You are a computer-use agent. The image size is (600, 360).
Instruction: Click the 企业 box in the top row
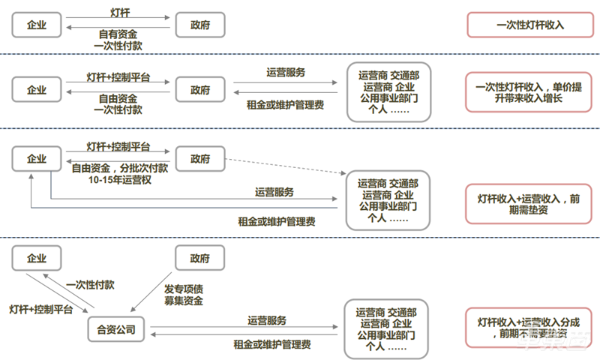tap(37, 25)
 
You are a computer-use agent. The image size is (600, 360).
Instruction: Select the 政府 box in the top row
tap(199, 25)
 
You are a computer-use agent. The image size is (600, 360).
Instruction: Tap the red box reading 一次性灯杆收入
tap(529, 25)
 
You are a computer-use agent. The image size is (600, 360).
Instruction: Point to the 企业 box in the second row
tap(37, 90)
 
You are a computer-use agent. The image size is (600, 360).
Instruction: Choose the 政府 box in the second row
tap(199, 90)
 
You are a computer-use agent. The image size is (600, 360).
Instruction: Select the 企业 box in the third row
tap(37, 158)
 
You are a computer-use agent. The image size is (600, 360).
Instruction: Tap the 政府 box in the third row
tap(199, 158)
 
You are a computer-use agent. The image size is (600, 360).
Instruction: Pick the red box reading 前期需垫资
tap(529, 203)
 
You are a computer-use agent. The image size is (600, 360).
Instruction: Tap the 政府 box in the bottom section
tap(199, 258)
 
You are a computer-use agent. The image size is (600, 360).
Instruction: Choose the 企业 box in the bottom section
tap(37, 258)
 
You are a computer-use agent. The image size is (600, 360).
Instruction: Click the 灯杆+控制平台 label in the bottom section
tap(40, 308)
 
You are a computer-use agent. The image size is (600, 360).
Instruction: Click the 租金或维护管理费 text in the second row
tap(285, 105)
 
